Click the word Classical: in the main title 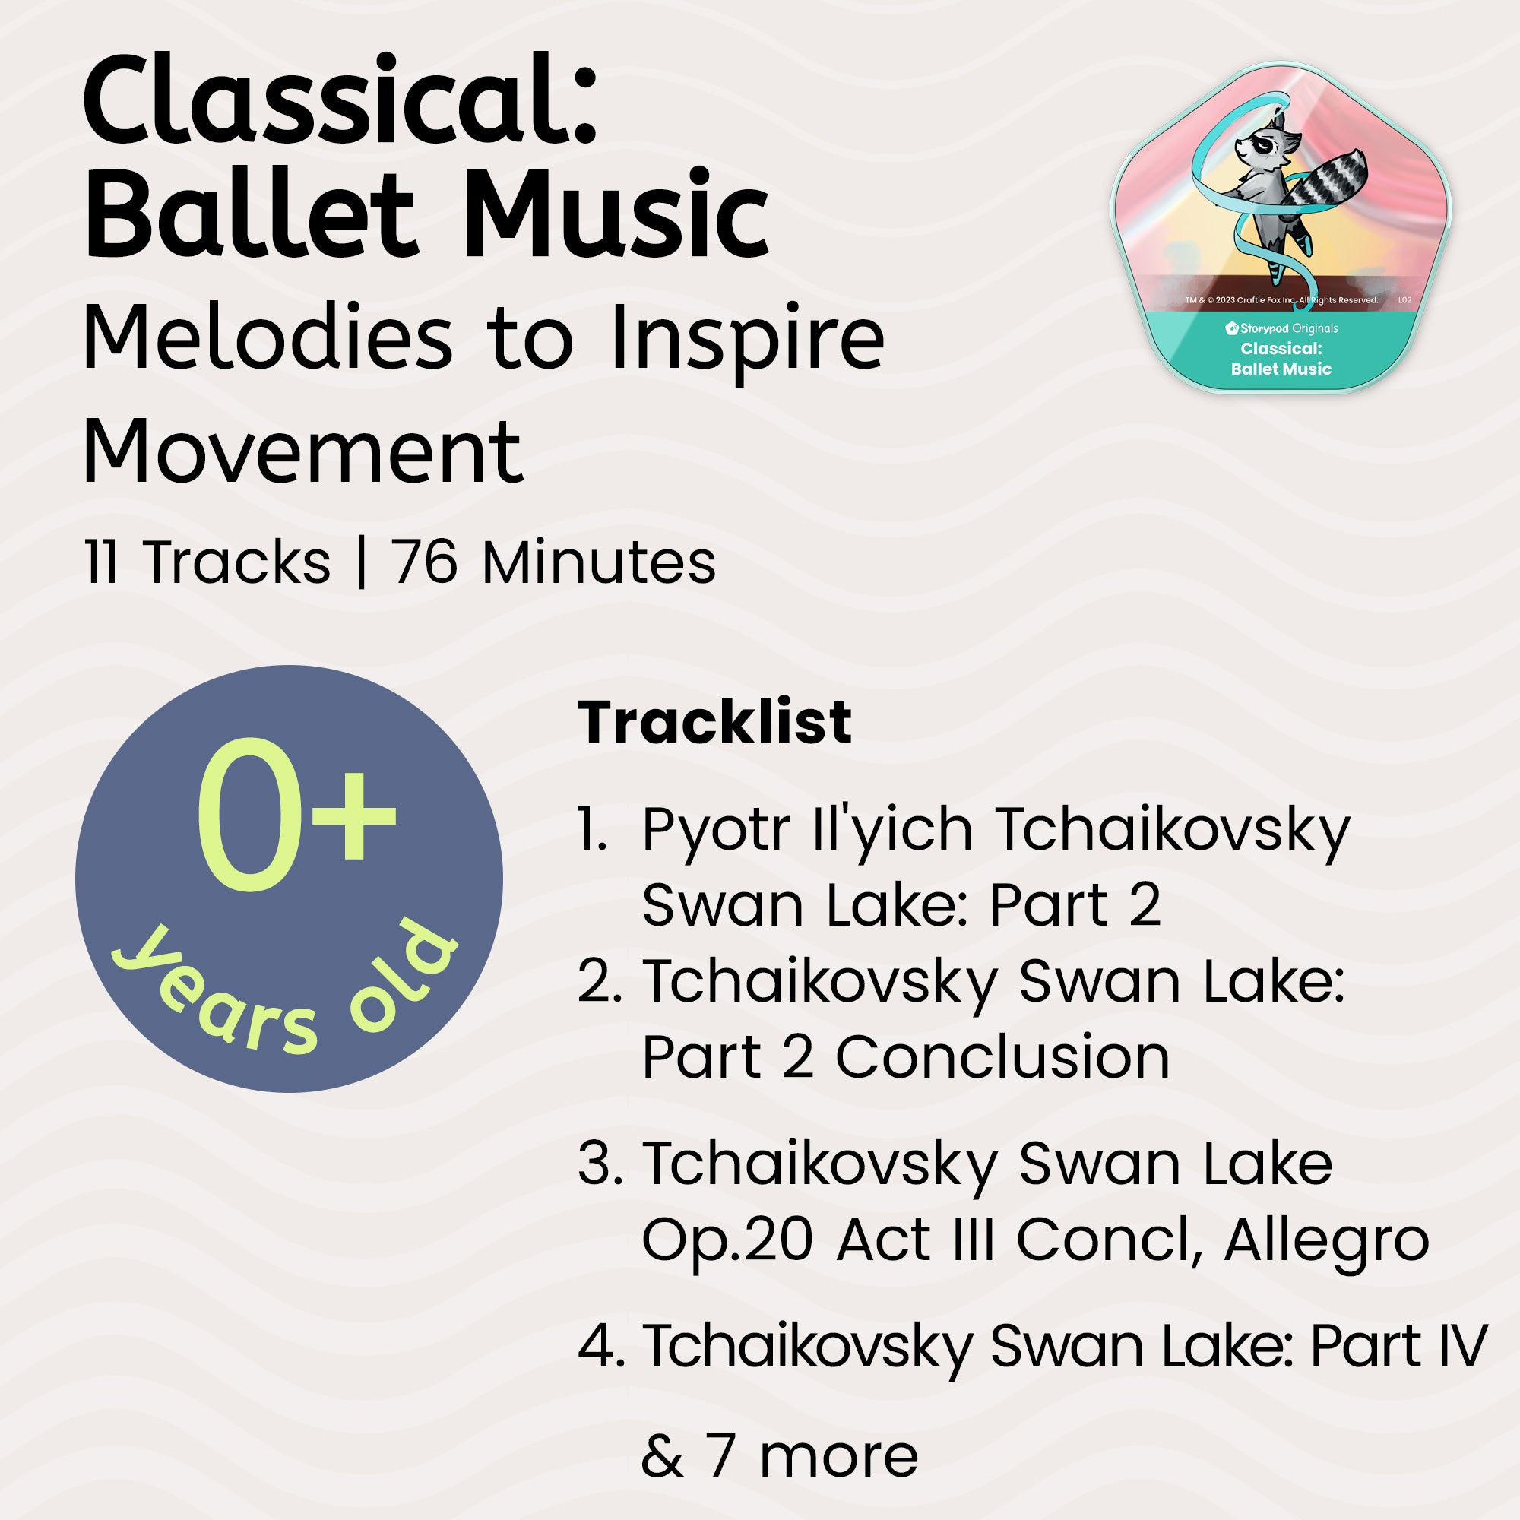pyautogui.click(x=340, y=103)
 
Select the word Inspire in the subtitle pyautogui.click(x=746, y=338)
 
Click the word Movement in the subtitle pyautogui.click(x=302, y=451)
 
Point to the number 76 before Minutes pyautogui.click(x=425, y=563)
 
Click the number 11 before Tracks pyautogui.click(x=102, y=563)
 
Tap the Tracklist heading pyautogui.click(x=714, y=722)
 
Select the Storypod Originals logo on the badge pyautogui.click(x=1281, y=328)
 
